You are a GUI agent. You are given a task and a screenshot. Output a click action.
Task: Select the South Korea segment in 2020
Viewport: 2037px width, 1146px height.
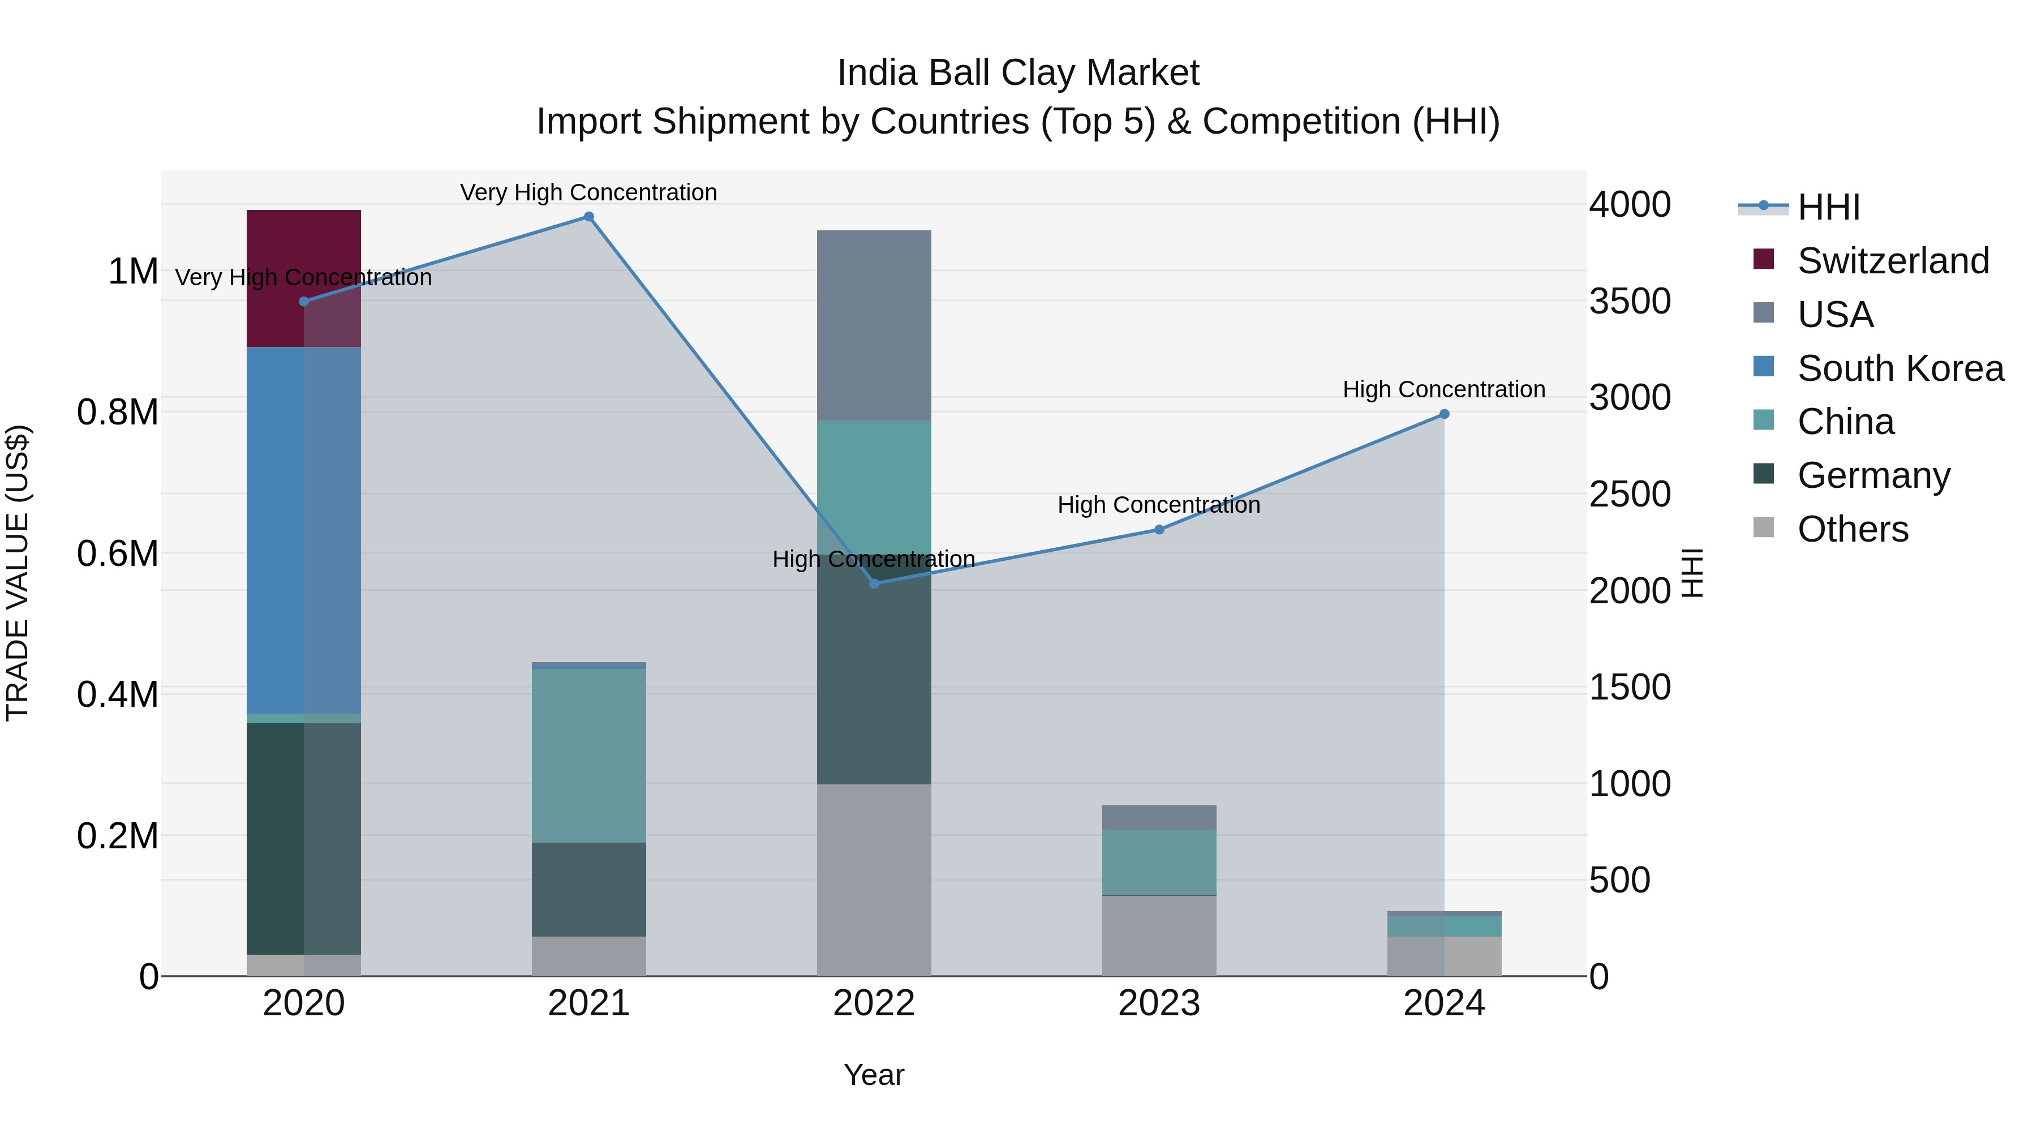tap(304, 530)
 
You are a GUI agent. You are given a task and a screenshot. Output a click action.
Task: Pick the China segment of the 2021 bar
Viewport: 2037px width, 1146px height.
tap(588, 756)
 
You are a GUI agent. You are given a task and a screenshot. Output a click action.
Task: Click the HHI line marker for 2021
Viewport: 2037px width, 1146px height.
tap(588, 217)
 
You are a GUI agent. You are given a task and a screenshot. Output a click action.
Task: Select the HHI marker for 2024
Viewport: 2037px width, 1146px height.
tap(1444, 414)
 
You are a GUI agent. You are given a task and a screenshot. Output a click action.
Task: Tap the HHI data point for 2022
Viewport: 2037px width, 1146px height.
tap(874, 583)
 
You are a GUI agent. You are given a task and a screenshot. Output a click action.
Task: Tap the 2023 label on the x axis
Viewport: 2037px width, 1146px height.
tap(1158, 1003)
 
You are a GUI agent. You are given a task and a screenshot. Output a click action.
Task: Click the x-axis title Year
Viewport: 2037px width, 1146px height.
tap(874, 1075)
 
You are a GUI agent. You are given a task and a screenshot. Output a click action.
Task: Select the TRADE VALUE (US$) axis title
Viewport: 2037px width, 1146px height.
tap(18, 573)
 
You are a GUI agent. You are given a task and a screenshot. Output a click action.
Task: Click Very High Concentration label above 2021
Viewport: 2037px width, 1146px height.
tap(588, 192)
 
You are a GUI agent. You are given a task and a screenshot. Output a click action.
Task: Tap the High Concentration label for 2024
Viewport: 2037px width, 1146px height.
tap(1444, 389)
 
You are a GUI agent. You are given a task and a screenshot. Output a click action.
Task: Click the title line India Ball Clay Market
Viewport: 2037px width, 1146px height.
tap(1018, 73)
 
